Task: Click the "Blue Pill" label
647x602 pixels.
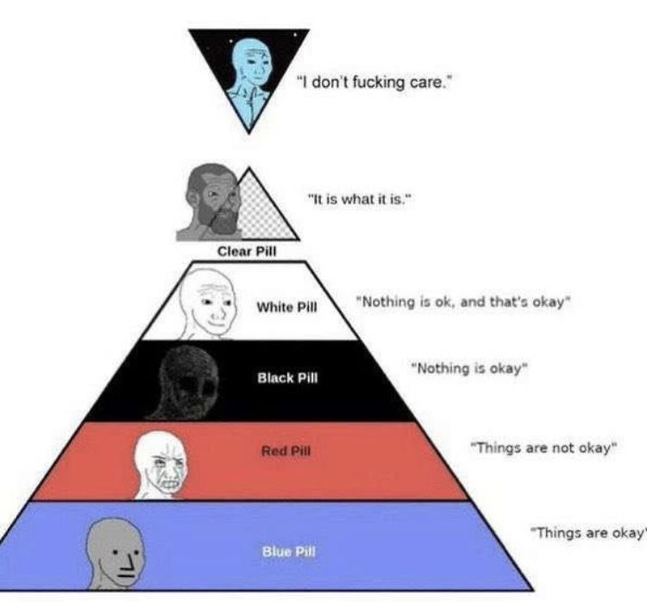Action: pos(288,552)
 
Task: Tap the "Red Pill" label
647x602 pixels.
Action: pos(286,450)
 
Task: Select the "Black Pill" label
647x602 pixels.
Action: pos(287,378)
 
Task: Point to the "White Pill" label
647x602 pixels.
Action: pos(286,307)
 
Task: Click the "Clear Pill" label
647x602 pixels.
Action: pos(247,251)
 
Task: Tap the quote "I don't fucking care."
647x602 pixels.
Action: pos(374,82)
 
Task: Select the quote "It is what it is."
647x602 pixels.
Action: pos(361,200)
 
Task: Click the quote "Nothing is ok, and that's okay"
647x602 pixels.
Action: pos(464,302)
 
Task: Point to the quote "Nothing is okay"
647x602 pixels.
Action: pos(469,368)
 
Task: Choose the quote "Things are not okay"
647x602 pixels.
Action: pos(543,448)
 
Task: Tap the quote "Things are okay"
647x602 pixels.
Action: pos(588,533)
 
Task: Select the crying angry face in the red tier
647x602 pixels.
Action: pos(162,464)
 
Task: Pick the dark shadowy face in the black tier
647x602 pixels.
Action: pos(189,382)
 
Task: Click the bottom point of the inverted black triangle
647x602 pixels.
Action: pos(248,133)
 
